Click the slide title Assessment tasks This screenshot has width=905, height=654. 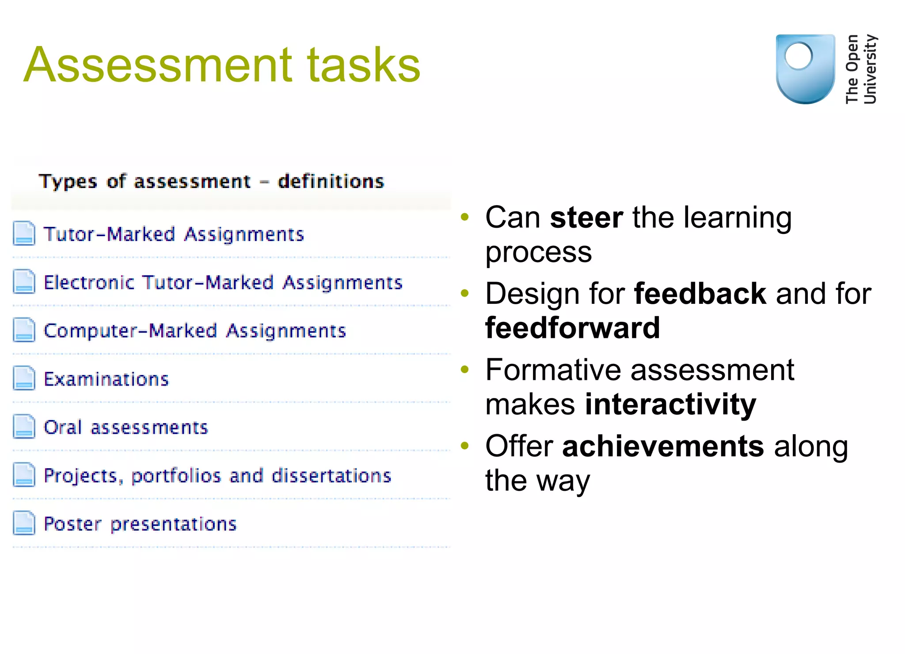(x=222, y=65)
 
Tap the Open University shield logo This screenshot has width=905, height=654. (x=805, y=69)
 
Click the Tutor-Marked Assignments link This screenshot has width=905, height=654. (x=174, y=234)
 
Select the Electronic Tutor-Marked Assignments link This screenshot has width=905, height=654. (x=223, y=283)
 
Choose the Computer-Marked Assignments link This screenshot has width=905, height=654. (x=195, y=331)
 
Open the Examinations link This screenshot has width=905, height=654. (x=106, y=379)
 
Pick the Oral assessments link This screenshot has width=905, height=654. (x=126, y=427)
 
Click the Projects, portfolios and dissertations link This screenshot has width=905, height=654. (x=217, y=476)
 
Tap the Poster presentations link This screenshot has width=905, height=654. (x=140, y=524)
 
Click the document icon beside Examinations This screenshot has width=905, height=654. (x=24, y=378)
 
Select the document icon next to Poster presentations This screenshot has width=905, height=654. (x=24, y=523)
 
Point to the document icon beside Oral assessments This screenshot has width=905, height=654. (x=24, y=426)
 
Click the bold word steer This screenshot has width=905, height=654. (x=586, y=218)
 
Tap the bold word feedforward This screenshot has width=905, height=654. (x=573, y=328)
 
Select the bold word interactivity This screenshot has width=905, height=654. (x=670, y=404)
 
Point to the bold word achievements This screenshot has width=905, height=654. (x=663, y=446)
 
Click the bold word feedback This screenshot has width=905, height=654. (x=700, y=294)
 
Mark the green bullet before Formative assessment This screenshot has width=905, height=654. (x=464, y=369)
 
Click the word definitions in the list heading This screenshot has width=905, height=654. (x=331, y=181)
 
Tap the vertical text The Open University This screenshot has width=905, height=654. (x=861, y=69)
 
